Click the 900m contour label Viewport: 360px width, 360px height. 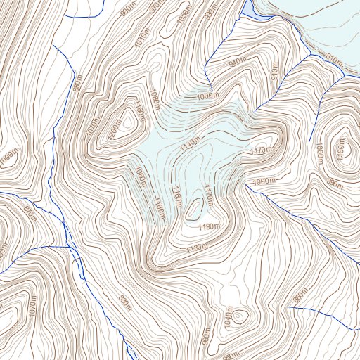coord(127,10)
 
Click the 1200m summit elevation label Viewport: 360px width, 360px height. coord(113,131)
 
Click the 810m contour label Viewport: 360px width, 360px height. coord(333,59)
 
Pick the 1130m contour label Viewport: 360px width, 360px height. coord(198,248)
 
